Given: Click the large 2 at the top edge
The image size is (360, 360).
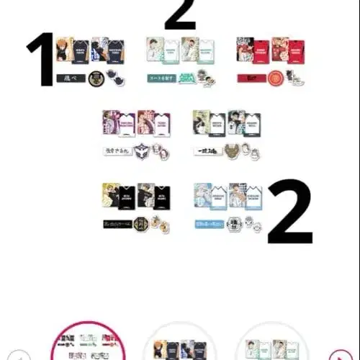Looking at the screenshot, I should tap(180, 14).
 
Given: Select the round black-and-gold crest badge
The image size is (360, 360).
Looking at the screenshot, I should tap(96, 79).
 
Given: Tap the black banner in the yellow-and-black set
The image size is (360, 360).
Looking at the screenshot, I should tap(117, 224).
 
